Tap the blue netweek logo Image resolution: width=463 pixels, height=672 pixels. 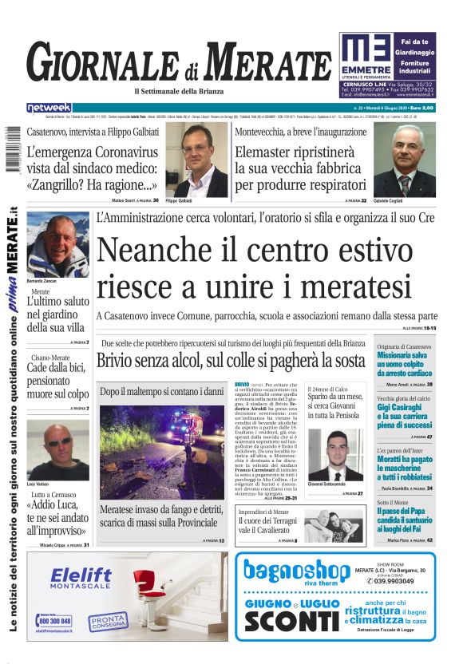coord(49,108)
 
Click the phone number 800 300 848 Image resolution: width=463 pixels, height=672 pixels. coord(54,621)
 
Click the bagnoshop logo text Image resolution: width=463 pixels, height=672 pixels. coord(296,571)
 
